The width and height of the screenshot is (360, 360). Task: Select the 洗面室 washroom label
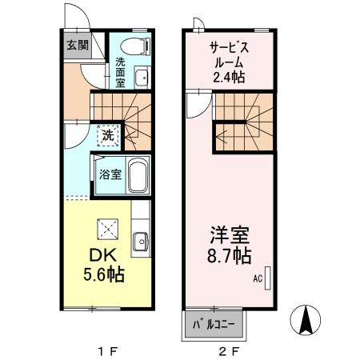(x=120, y=71)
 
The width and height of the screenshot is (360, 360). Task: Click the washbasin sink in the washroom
(x=141, y=78)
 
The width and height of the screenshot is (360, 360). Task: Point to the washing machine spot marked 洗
(x=107, y=135)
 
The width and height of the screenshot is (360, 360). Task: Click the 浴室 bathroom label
(x=110, y=174)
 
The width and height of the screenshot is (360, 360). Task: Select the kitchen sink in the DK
(x=140, y=241)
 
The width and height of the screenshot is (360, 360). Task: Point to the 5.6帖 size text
(x=105, y=274)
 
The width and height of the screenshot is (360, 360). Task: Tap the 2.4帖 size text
(x=228, y=77)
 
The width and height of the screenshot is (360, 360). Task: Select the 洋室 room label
(x=229, y=237)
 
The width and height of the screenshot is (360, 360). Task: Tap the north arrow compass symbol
(x=306, y=322)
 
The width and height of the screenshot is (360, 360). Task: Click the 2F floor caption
(x=228, y=350)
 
